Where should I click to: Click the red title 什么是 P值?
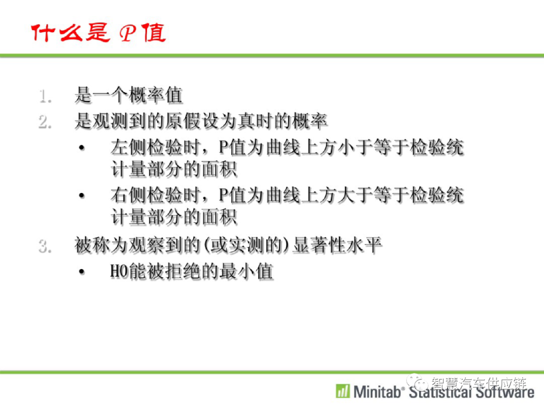[x=99, y=33]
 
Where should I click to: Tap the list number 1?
[x=45, y=96]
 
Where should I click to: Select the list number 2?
[x=45, y=122]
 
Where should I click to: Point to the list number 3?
[x=45, y=246]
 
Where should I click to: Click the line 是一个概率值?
[x=129, y=95]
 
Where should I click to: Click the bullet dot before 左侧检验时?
[x=82, y=148]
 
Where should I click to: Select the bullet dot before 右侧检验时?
[x=82, y=195]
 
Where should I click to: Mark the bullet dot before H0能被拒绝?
[x=82, y=271]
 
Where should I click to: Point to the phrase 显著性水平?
[x=337, y=245]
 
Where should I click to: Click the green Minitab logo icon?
[x=343, y=391]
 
